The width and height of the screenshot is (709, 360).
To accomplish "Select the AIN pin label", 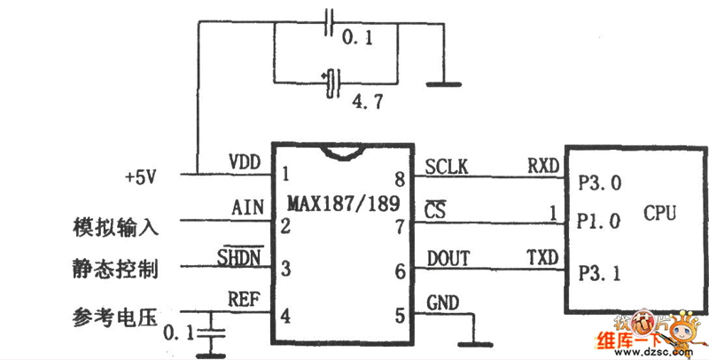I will click(245, 209).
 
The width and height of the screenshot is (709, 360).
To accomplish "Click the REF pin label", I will click(245, 301).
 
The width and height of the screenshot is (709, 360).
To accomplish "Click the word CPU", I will click(660, 214).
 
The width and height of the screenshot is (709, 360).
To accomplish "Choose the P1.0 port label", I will click(599, 221).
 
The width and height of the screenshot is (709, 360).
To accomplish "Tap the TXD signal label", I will click(542, 257).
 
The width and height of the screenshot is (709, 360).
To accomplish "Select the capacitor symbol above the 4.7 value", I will click(333, 82).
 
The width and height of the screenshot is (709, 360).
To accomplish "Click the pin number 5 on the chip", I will click(398, 315).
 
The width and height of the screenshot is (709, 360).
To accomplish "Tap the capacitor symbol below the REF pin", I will click(210, 333).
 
